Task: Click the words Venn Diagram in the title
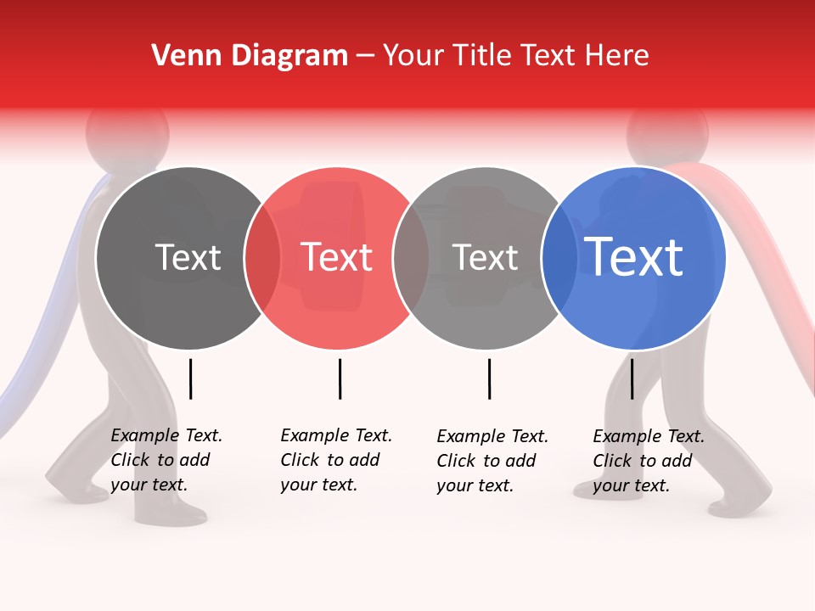click(x=250, y=56)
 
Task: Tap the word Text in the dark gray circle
click(x=188, y=257)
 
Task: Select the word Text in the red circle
click(x=337, y=257)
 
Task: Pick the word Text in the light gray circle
click(x=485, y=257)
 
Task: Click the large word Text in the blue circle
click(x=634, y=257)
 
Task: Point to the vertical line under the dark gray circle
click(x=190, y=378)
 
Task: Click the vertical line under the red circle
click(x=340, y=378)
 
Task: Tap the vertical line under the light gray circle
click(x=489, y=378)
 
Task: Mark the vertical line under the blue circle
click(x=632, y=378)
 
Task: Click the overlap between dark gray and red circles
click(x=262, y=258)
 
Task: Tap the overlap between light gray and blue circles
click(x=559, y=258)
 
